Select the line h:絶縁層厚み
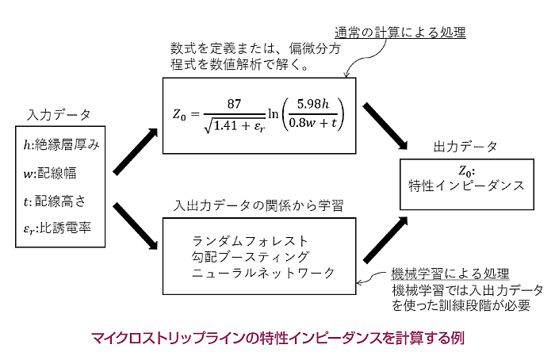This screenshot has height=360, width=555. (x=60, y=144)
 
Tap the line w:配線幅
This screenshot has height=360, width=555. (x=53, y=171)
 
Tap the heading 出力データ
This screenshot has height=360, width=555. (x=465, y=147)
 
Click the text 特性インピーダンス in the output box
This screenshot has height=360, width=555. (x=466, y=186)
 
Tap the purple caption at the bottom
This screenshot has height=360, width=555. (x=277, y=338)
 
